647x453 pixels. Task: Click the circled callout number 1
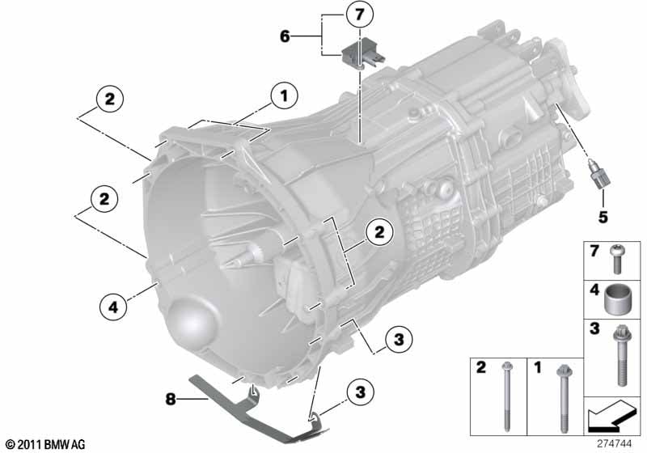284,96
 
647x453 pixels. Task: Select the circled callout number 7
359,15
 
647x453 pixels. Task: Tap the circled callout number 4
113,307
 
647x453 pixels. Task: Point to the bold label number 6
285,36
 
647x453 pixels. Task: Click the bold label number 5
603,217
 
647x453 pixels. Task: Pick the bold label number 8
171,399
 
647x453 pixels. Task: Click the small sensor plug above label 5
598,174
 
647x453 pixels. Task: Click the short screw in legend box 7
618,259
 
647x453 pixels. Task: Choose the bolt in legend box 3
620,355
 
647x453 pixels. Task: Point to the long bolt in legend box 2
506,396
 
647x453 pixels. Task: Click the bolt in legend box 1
563,398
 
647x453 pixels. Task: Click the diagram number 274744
615,443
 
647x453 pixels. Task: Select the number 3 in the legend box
594,328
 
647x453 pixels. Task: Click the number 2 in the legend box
481,367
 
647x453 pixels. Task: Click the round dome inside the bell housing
192,322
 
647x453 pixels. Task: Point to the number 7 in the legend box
594,252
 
